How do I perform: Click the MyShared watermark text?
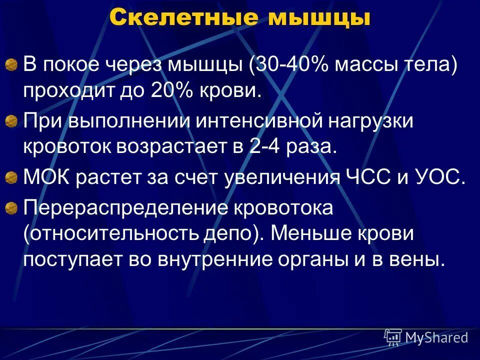pos(436,337)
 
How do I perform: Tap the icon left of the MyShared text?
pos(392,337)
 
